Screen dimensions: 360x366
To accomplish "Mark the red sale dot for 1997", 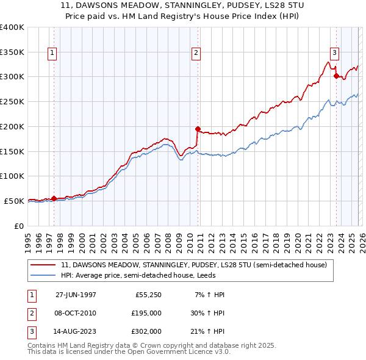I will tap(54, 198).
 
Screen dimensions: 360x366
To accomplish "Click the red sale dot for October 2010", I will tap(197, 129).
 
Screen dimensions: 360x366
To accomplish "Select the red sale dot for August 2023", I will tap(335, 76).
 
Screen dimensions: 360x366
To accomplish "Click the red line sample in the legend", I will tap(43, 265).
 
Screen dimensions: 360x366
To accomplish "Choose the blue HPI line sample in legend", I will tap(43, 275).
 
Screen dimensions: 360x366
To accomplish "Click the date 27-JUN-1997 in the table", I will tap(76, 295).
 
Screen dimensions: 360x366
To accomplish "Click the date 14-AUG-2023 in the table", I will tap(76, 331).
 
